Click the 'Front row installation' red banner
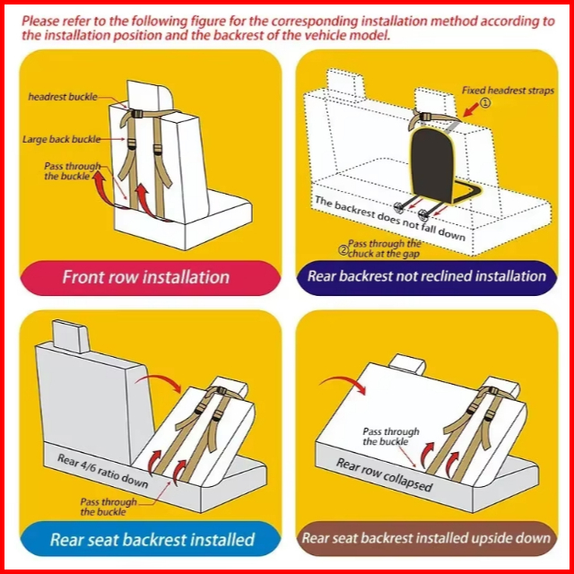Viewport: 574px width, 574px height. (x=150, y=277)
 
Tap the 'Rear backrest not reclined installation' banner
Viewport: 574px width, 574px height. (x=427, y=277)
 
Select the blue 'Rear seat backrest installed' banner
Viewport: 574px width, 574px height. (x=151, y=539)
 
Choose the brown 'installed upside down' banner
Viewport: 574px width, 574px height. (x=427, y=538)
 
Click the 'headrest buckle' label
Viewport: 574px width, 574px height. (x=63, y=97)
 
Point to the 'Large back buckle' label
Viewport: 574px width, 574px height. (x=62, y=140)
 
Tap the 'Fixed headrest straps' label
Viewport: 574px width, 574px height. (x=508, y=91)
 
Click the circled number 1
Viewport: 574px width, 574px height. (x=484, y=103)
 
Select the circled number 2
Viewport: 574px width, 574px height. (x=343, y=251)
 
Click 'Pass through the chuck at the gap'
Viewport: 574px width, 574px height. (x=384, y=248)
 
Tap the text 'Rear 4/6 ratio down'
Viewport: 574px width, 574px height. (x=102, y=471)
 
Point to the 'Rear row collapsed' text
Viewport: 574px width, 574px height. (x=385, y=474)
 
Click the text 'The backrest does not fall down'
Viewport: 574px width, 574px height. (x=390, y=218)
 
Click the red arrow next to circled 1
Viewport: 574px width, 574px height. (x=471, y=109)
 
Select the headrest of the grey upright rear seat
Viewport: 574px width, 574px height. (x=70, y=336)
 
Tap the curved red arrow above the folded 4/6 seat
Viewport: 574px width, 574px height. (x=158, y=383)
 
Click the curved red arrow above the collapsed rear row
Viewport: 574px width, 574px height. (x=343, y=385)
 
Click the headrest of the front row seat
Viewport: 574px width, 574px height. (x=150, y=96)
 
